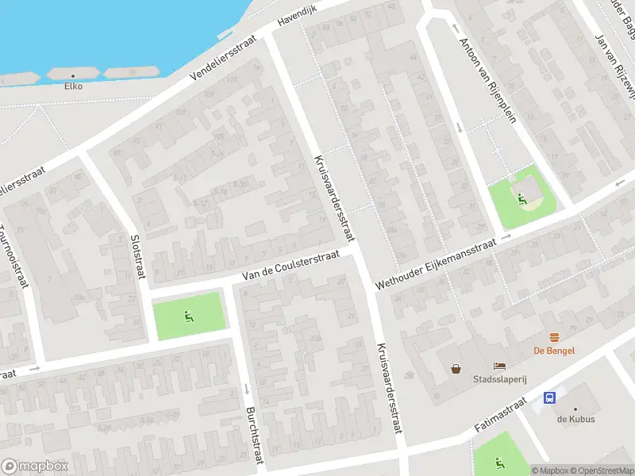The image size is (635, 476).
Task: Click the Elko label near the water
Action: tap(73, 86)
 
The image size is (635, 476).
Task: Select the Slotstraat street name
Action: tap(138, 255)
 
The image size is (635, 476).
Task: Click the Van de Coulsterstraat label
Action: tap(291, 264)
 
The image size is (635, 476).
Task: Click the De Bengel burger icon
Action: tap(554, 337)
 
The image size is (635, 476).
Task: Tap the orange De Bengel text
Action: tap(553, 351)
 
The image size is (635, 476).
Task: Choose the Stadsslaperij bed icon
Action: tap(499, 365)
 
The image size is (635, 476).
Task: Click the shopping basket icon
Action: tap(456, 368)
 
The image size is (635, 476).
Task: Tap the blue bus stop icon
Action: tap(549, 397)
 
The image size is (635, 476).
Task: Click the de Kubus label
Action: tap(575, 419)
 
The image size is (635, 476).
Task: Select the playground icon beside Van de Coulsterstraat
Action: tap(189, 317)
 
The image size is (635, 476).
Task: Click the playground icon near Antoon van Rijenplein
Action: tap(521, 198)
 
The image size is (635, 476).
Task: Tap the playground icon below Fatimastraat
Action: tap(499, 463)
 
